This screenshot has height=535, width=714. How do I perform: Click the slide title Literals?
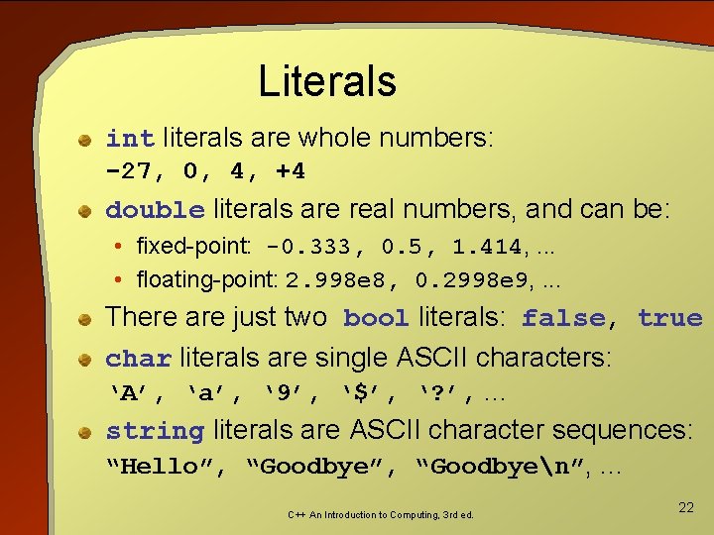(326, 81)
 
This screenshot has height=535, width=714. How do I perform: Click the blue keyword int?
(130, 139)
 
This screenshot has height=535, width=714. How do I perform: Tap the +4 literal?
(291, 172)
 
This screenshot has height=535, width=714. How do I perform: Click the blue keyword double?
(155, 211)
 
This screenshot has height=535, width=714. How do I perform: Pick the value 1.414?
(486, 246)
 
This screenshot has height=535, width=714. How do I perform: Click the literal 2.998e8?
(335, 280)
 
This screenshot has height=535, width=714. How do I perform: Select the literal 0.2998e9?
(471, 280)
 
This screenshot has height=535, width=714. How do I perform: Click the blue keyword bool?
(376, 319)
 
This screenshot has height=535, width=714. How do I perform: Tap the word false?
(563, 319)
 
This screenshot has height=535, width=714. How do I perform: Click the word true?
(670, 319)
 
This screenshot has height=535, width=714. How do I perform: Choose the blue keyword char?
(139, 358)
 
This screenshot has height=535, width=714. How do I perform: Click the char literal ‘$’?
(363, 394)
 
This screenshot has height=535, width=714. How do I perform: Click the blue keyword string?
(155, 432)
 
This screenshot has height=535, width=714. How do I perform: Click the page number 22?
(685, 507)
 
